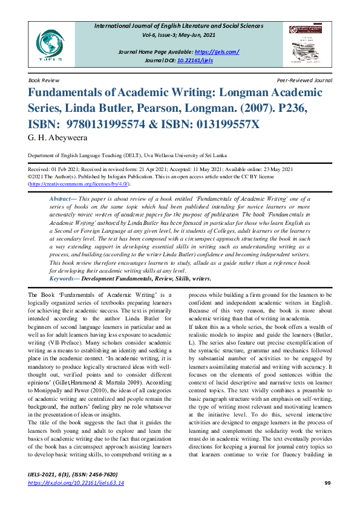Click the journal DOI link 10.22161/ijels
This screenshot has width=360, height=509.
pos(216,60)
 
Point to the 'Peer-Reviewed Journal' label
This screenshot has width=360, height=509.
pos(304,80)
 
